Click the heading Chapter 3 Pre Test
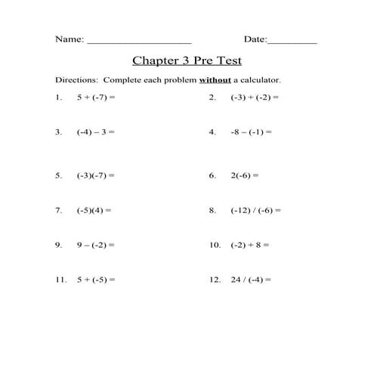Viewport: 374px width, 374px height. [187, 60]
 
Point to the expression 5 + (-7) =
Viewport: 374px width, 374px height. [96, 97]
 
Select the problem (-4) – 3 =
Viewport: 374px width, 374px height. [95, 131]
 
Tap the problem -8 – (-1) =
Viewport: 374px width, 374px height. [251, 131]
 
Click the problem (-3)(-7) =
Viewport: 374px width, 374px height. [95, 175]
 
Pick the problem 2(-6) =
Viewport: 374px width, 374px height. [245, 175]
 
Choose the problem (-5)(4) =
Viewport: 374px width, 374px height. [94, 210]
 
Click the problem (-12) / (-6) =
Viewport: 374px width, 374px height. [256, 210]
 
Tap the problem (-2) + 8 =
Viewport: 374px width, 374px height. [250, 245]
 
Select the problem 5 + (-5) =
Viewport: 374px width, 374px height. [96, 280]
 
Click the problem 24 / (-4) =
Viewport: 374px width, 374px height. [251, 280]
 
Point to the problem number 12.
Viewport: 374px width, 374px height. [214, 280]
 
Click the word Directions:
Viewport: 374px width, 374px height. [77, 79]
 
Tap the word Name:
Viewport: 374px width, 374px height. [70, 39]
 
